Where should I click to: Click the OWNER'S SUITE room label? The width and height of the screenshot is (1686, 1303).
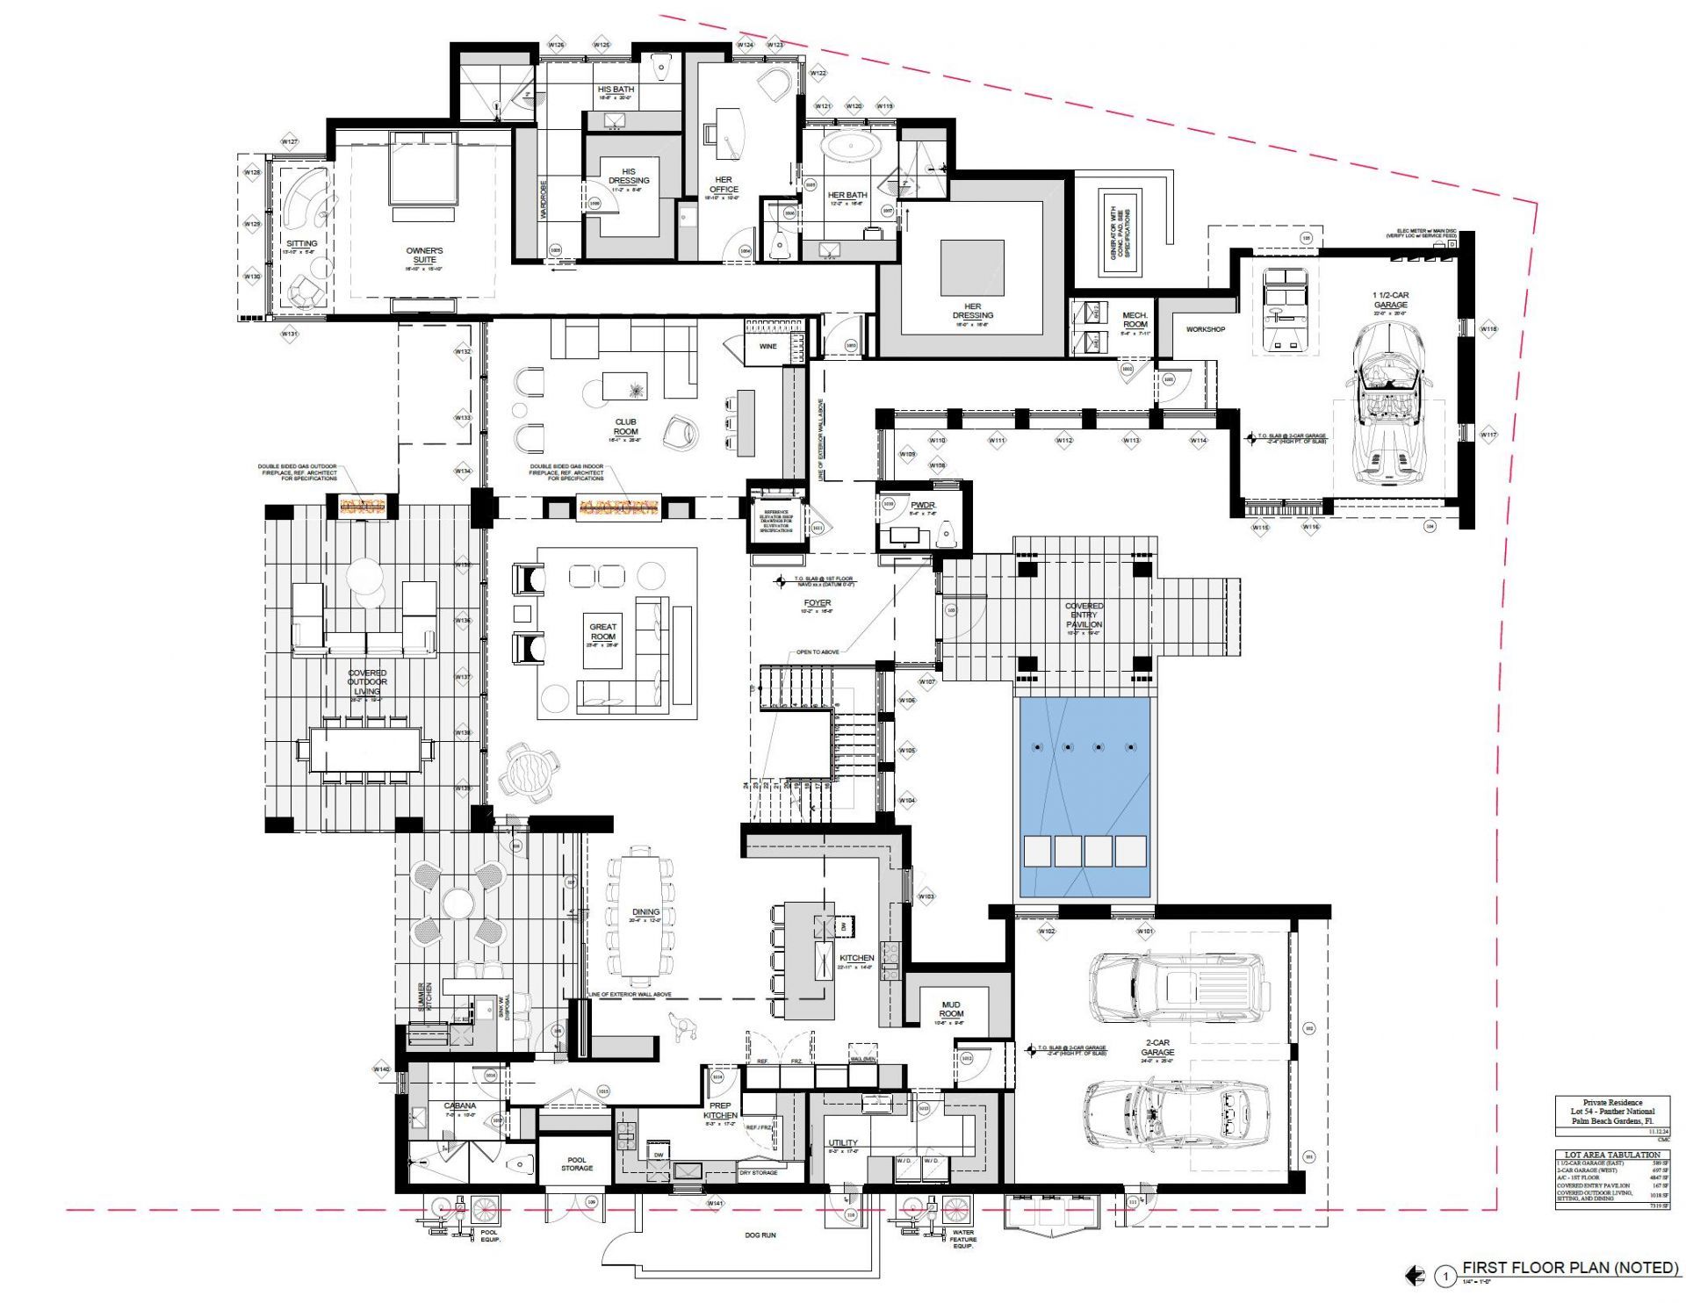(424, 255)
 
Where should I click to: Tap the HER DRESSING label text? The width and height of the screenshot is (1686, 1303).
(972, 311)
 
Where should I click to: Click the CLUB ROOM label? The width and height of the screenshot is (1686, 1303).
(625, 427)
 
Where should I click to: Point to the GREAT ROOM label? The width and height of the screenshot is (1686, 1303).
(602, 631)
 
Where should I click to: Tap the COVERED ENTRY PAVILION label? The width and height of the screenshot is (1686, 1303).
(1084, 615)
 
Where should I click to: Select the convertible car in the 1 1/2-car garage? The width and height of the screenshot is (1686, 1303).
(1390, 403)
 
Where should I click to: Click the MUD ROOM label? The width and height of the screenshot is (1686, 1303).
(950, 1009)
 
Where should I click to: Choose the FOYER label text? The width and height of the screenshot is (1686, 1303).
(817, 603)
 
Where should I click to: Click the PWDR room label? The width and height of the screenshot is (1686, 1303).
(923, 506)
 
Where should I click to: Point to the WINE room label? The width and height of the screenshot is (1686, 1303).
(767, 346)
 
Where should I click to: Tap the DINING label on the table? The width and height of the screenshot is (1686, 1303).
(645, 912)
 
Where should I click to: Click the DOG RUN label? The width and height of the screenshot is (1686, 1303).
(760, 1235)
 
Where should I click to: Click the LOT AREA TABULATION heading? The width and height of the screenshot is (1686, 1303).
(1612, 1155)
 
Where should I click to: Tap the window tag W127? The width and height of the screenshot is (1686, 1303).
(289, 141)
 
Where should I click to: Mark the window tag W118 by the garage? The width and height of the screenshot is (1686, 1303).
(1488, 329)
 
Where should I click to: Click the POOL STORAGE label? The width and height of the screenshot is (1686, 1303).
(576, 1163)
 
